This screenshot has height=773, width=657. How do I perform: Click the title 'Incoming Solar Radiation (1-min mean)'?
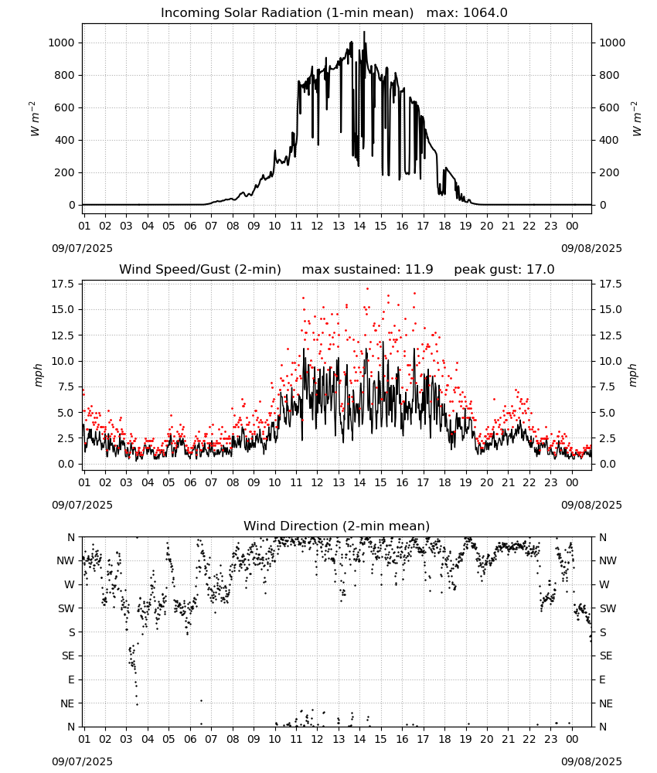(x=287, y=13)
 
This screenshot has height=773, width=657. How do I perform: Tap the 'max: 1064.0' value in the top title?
(x=467, y=13)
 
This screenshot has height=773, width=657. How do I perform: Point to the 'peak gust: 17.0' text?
(x=504, y=270)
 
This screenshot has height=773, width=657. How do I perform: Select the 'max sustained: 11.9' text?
(x=367, y=270)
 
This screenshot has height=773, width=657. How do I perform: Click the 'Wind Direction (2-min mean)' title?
(x=337, y=526)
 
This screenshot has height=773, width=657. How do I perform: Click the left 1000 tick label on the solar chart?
(x=61, y=43)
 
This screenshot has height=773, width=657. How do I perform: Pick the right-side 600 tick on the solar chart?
(x=609, y=108)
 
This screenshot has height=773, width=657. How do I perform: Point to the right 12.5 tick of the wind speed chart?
(x=611, y=335)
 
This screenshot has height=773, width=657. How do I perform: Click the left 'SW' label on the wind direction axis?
(x=66, y=608)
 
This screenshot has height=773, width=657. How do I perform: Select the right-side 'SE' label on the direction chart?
(x=606, y=656)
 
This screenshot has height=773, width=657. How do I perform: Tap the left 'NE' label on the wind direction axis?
(x=67, y=703)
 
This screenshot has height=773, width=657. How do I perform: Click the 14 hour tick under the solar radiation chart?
(x=359, y=226)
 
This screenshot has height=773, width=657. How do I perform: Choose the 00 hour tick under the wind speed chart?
(x=572, y=482)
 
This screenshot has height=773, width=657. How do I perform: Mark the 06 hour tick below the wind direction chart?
(x=189, y=739)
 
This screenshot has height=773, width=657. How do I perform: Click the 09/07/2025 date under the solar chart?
(x=82, y=248)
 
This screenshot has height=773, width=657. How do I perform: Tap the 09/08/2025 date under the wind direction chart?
(x=591, y=761)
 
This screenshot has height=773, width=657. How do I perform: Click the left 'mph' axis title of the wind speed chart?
(x=39, y=375)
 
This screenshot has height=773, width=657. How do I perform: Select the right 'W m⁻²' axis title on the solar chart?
(x=636, y=119)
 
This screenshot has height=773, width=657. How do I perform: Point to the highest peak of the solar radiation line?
(x=364, y=32)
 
